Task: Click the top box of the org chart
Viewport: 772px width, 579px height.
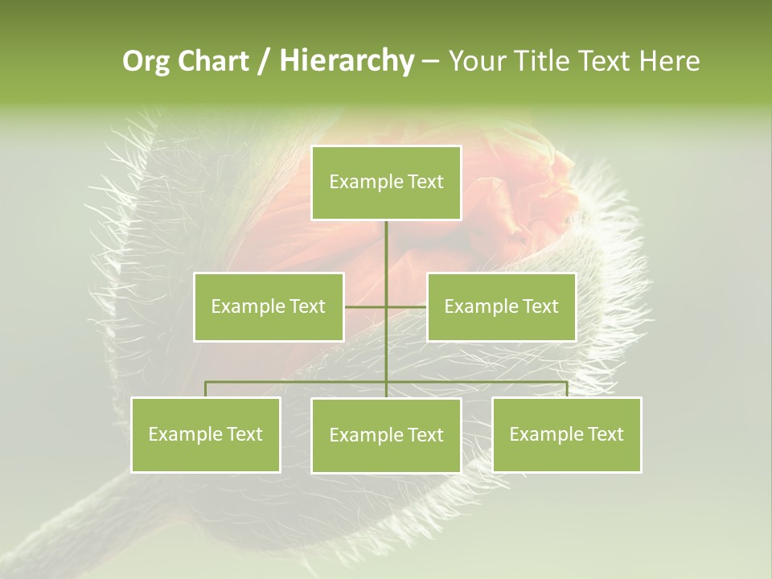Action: (386, 183)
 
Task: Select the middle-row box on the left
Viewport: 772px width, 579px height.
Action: (269, 306)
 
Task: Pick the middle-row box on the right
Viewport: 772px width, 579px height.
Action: (501, 306)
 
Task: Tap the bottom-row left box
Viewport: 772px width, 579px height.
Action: (206, 434)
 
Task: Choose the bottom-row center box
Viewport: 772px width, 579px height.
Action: (386, 435)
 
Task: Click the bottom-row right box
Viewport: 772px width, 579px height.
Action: (567, 434)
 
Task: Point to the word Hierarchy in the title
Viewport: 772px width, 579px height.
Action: (347, 61)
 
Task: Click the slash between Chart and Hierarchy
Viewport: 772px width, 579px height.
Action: (263, 61)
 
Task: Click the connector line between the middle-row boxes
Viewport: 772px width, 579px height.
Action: (366, 307)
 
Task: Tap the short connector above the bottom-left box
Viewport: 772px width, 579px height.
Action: (206, 389)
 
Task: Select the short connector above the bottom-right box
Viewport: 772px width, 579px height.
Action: (567, 389)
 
